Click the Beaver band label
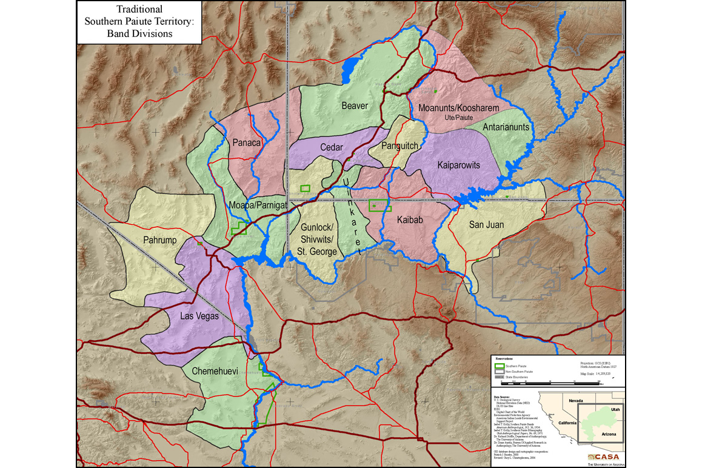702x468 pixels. tap(355, 106)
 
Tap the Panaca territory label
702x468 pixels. tap(246, 143)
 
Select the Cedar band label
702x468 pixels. tap(332, 147)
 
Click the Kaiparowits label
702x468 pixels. tap(458, 165)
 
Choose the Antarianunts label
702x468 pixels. tap(506, 127)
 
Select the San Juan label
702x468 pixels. tap(487, 225)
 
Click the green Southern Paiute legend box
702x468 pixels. tap(500, 366)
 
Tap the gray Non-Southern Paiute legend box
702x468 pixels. tap(500, 371)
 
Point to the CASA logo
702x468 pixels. tap(600, 456)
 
